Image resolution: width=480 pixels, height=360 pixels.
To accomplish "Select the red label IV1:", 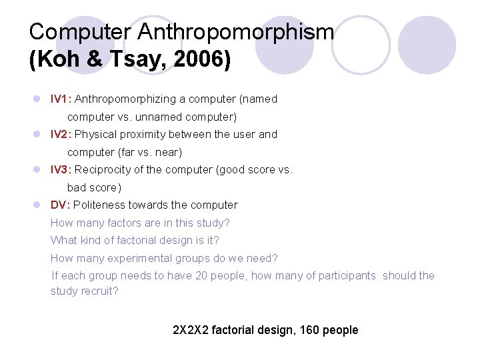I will click(x=61, y=99).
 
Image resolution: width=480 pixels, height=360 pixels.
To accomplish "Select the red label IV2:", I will click(x=61, y=135).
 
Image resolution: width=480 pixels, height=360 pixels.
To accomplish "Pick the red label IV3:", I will click(x=61, y=170).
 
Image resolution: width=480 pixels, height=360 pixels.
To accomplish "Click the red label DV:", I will click(x=61, y=205).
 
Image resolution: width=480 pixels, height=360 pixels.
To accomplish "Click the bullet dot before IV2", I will click(x=37, y=135).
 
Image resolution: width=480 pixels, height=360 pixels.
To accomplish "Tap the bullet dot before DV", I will click(x=37, y=205).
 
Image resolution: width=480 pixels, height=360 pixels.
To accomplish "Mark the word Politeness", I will click(x=99, y=205).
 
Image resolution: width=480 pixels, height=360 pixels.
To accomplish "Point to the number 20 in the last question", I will click(x=201, y=276).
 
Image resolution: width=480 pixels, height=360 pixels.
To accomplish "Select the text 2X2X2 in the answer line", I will click(x=191, y=330).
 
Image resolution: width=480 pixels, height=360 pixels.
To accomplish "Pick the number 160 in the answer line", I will click(x=305, y=330).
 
